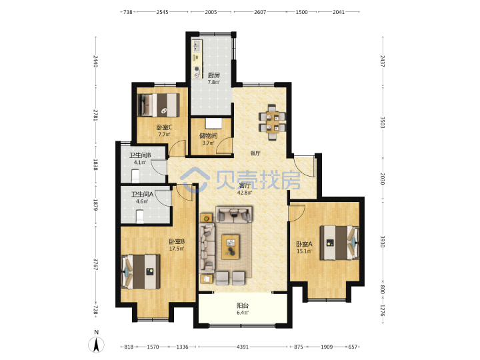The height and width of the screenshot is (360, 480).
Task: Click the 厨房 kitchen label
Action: point(214,75)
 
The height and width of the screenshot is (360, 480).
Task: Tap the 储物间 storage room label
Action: point(208,135)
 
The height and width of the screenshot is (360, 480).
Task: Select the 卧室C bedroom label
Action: point(165,127)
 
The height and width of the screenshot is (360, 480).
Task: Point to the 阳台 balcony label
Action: point(243,305)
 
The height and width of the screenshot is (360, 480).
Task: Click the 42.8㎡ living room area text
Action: point(245,193)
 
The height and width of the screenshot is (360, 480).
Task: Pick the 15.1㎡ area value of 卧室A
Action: point(304,251)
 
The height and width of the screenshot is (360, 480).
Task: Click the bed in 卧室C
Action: point(158,105)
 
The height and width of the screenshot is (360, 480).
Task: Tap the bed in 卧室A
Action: point(339,243)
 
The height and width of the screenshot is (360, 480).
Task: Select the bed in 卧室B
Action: point(141,271)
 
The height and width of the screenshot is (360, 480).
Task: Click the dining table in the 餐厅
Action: point(272,122)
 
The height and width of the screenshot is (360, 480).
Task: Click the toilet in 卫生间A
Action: point(140,217)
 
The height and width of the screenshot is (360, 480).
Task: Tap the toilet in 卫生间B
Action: point(135,176)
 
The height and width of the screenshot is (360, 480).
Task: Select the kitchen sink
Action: point(196,45)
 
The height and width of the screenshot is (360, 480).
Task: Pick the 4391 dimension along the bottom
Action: point(243,347)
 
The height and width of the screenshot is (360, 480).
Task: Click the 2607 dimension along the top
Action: point(260,12)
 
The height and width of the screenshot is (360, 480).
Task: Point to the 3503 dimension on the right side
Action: point(383,122)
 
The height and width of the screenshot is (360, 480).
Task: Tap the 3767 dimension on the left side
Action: point(96,265)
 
